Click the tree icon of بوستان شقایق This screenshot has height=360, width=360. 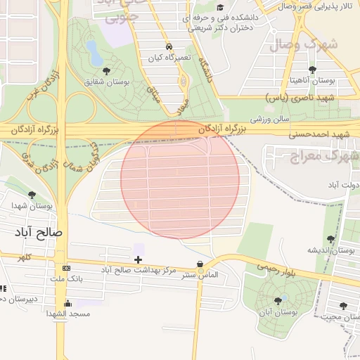click(x=107, y=71)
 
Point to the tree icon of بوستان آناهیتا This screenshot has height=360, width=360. click(x=312, y=70)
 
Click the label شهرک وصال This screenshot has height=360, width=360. click(x=314, y=44)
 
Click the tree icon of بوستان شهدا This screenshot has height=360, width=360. click(x=32, y=195)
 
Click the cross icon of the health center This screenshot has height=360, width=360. click(x=138, y=260)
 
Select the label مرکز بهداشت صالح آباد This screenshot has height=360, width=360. click(x=139, y=271)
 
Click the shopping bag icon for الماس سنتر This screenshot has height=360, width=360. click(x=201, y=264)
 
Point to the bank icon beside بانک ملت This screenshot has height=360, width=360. click(x=66, y=269)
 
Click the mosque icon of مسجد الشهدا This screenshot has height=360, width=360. click(x=67, y=303)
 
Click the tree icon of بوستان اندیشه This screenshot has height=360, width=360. click(x=330, y=239)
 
